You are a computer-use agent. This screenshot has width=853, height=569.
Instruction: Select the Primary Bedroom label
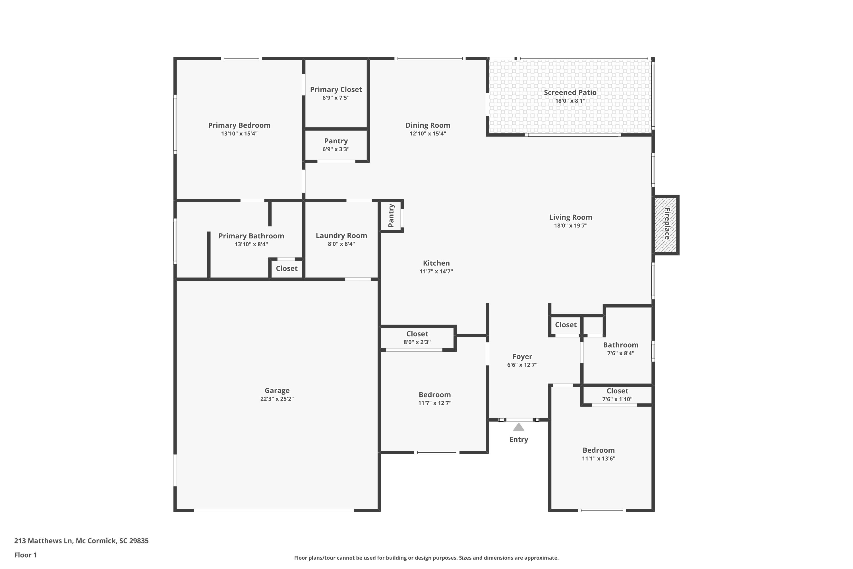click(x=239, y=125)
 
